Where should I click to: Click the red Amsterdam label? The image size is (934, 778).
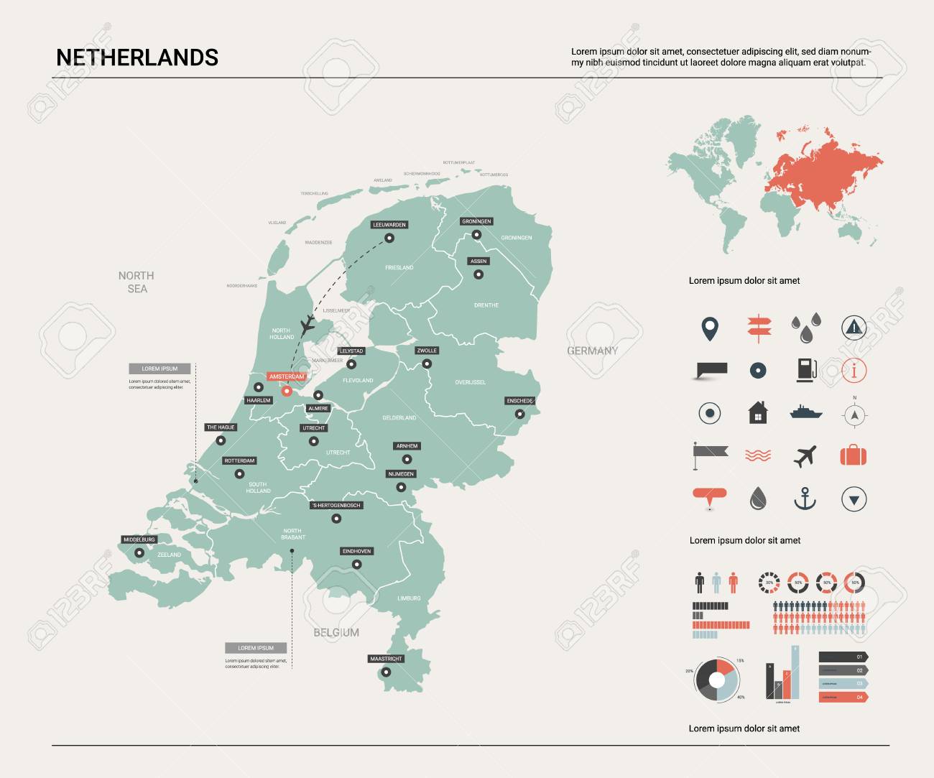tap(286, 376)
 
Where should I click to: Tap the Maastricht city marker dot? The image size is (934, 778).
tap(386, 673)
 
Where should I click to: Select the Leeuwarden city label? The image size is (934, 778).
tap(389, 225)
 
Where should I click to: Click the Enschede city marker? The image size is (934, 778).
tap(519, 414)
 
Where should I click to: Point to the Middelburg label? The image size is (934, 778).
tap(139, 539)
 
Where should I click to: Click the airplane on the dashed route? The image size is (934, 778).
tap(308, 324)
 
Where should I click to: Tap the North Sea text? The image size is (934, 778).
tap(137, 282)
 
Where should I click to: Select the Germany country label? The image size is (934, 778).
tap(592, 351)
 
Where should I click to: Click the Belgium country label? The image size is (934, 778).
tap(336, 632)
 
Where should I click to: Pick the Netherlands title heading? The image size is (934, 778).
tap(137, 57)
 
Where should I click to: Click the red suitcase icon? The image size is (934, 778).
tap(854, 455)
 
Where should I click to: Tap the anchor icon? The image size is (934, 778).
tap(805, 499)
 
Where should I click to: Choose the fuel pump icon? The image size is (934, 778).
tap(806, 369)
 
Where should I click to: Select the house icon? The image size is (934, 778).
tap(757, 413)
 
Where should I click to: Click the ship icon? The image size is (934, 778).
tap(805, 412)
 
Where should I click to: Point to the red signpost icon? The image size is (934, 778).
tap(758, 327)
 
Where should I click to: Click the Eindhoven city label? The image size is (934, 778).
tap(356, 551)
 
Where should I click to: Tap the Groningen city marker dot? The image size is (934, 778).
tap(476, 234)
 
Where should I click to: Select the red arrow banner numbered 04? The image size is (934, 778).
tap(843, 697)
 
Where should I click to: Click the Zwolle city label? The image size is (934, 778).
tap(427, 351)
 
